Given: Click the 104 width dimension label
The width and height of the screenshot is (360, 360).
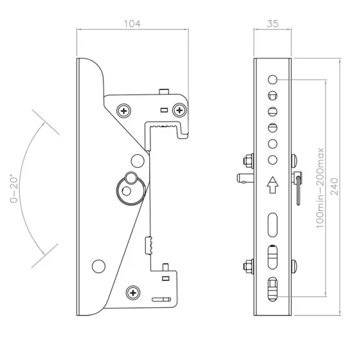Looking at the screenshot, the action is (x=132, y=24).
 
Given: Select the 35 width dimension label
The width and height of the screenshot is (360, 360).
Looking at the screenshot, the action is (x=273, y=24).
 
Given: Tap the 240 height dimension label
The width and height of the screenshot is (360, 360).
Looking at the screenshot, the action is (x=334, y=186).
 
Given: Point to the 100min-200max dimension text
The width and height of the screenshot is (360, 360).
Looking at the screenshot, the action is (x=320, y=188).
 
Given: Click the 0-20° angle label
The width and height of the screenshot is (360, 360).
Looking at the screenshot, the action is (x=14, y=190).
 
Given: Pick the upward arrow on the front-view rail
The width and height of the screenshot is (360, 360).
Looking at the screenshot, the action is (x=273, y=185).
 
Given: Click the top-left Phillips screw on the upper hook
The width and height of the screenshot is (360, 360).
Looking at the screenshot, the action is (x=123, y=111).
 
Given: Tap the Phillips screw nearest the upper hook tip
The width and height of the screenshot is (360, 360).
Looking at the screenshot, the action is (x=179, y=110).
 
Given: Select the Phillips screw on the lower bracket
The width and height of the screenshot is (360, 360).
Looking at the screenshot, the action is (x=133, y=292).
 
